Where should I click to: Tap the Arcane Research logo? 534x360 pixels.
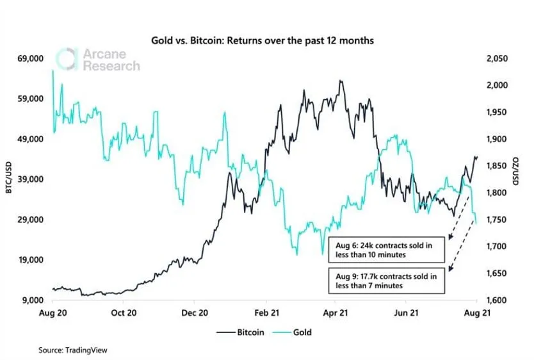98,60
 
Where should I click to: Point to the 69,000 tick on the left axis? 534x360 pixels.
28,58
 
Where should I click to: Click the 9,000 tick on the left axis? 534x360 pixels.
31,300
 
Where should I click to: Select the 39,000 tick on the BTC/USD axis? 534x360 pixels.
28,179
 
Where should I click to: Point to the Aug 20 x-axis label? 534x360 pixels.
53,313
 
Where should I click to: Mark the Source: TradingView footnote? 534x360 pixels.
74,350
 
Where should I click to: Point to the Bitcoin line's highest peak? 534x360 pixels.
341,81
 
